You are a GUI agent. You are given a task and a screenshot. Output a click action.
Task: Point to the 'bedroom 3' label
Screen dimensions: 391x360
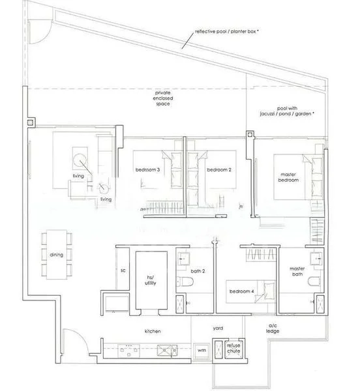point(147,170)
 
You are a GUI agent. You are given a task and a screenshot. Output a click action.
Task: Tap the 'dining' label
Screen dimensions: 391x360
point(57,255)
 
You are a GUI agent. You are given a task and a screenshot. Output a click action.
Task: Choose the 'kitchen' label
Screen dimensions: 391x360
point(153,332)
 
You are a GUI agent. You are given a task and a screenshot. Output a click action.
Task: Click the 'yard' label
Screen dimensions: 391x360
point(218,329)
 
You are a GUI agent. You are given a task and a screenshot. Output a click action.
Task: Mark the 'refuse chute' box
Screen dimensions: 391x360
point(233,349)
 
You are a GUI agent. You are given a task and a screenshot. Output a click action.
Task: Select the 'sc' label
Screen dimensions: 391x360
point(123,270)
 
